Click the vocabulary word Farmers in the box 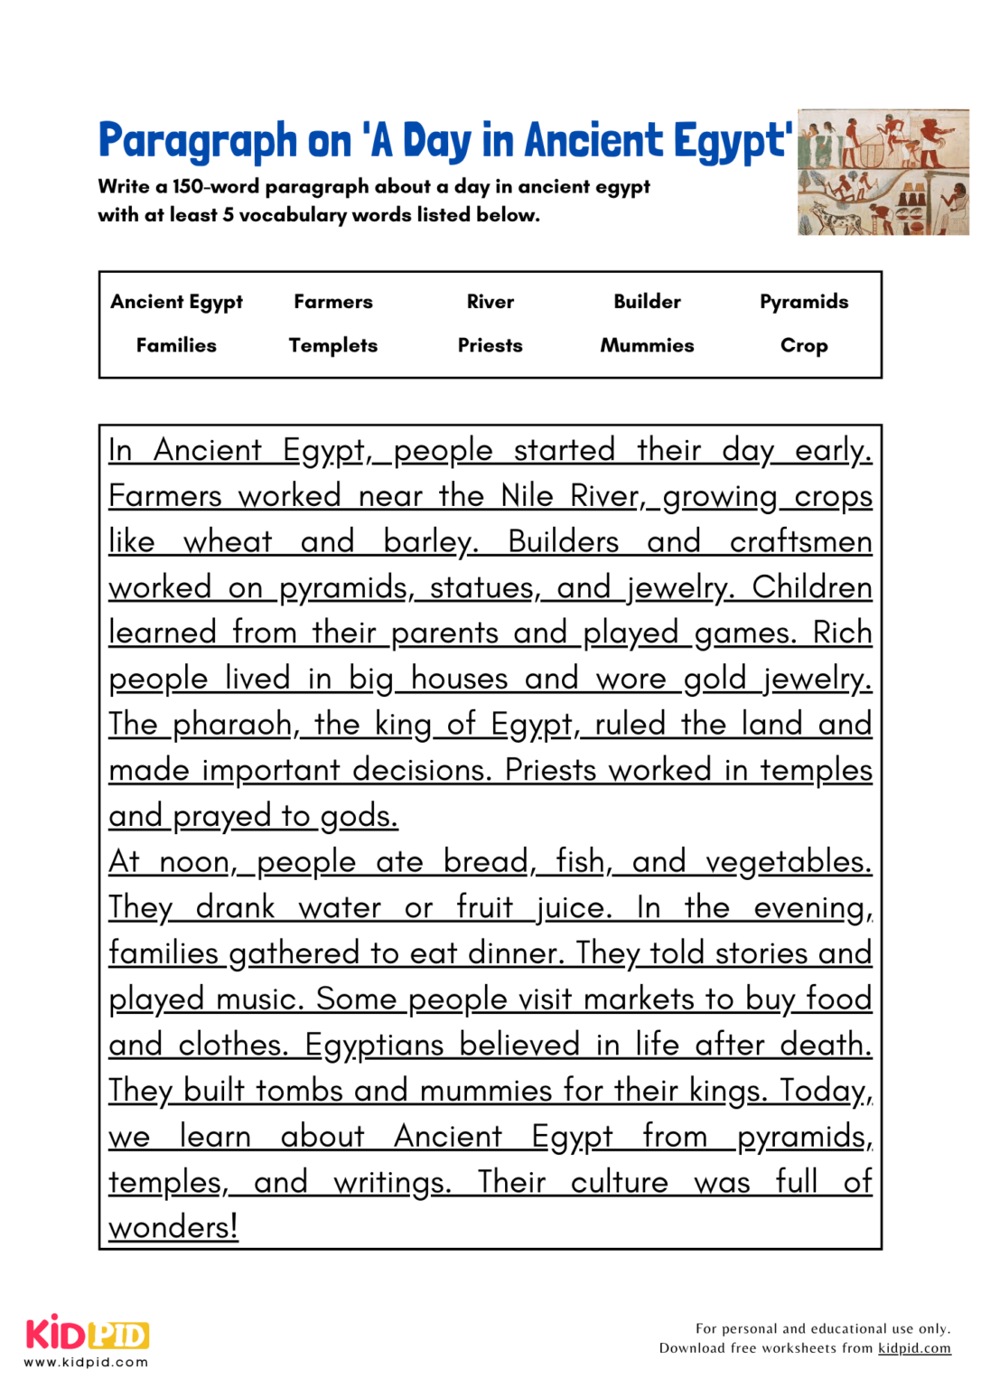pyautogui.click(x=332, y=302)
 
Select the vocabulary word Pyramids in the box pyautogui.click(x=803, y=302)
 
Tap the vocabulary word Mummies pyautogui.click(x=647, y=345)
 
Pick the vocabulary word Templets pyautogui.click(x=332, y=345)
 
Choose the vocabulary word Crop pyautogui.click(x=803, y=345)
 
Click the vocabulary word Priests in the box pyautogui.click(x=490, y=345)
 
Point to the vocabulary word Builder pyautogui.click(x=647, y=302)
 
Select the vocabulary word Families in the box pyautogui.click(x=176, y=345)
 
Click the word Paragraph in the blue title pyautogui.click(x=197, y=142)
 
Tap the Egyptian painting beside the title pyautogui.click(x=883, y=172)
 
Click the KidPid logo pyautogui.click(x=87, y=1334)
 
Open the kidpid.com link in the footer pyautogui.click(x=914, y=1348)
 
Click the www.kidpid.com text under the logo pyautogui.click(x=87, y=1363)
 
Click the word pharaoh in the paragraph pyautogui.click(x=232, y=725)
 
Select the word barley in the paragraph pyautogui.click(x=428, y=542)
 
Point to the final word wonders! pyautogui.click(x=173, y=1227)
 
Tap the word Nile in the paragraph pyautogui.click(x=527, y=496)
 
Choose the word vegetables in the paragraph pyautogui.click(x=787, y=862)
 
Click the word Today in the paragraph pyautogui.click(x=823, y=1091)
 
